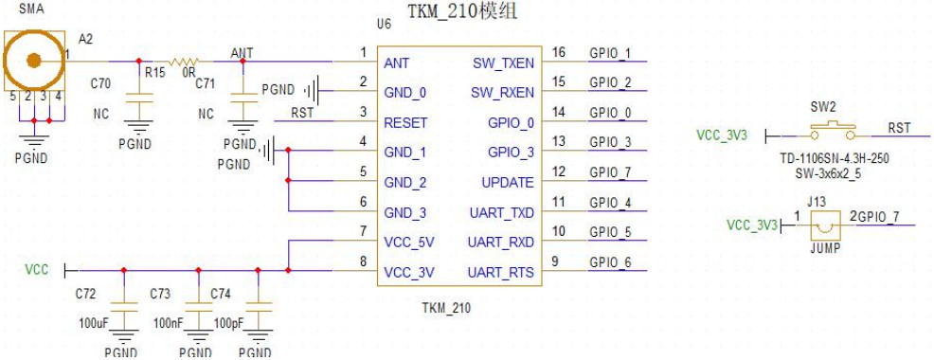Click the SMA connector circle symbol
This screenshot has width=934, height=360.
pos(34,61)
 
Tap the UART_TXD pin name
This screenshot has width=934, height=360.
pos(501,212)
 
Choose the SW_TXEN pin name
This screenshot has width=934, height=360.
pos(502,63)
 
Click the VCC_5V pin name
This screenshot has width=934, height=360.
pos(409,243)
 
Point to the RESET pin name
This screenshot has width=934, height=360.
pos(405,123)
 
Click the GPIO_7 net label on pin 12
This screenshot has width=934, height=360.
pos(611,172)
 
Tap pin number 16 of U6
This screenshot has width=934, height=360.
pos(558,53)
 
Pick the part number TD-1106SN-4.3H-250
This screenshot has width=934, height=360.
pos(830,161)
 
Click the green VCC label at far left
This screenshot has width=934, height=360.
pos(36,271)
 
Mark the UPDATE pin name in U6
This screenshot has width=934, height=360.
pos(509,183)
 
